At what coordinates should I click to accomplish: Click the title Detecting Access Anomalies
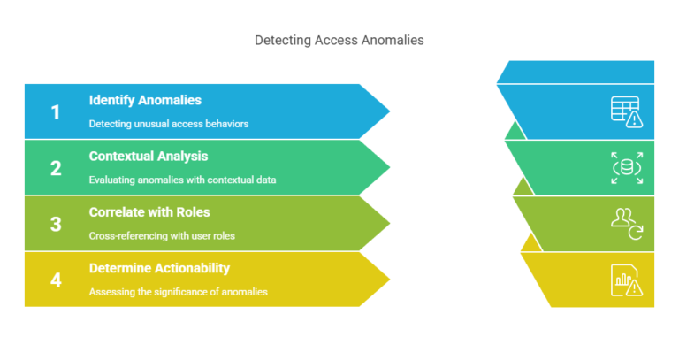click(339, 40)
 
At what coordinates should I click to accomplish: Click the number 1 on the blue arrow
click(56, 112)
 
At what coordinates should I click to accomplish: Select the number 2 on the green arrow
click(56, 168)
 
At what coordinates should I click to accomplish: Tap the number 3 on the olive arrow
click(56, 224)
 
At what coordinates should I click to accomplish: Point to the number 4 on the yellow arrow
click(56, 280)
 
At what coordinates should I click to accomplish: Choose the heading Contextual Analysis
click(149, 156)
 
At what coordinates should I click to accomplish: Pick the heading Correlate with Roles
click(149, 212)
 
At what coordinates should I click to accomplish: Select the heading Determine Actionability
click(159, 268)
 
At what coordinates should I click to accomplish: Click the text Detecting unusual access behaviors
click(168, 124)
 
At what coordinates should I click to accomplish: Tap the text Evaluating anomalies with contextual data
click(182, 180)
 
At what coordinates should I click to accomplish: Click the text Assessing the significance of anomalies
click(178, 292)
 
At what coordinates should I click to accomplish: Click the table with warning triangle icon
click(627, 111)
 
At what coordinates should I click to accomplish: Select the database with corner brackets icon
click(627, 168)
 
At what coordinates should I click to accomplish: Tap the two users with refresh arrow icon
click(627, 224)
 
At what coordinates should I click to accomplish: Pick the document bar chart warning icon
click(627, 280)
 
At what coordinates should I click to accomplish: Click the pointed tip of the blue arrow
click(387, 111)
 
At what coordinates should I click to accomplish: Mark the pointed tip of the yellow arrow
click(387, 280)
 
